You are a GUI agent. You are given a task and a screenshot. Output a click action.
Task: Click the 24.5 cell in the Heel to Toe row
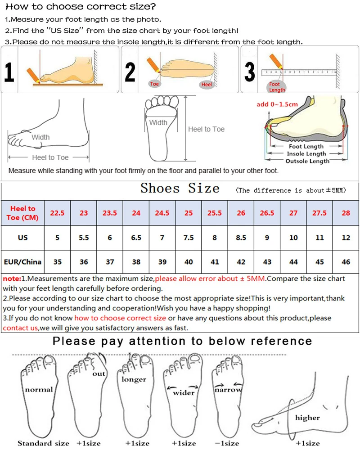tap(162, 213)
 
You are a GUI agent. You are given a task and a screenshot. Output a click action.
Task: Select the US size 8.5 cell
tap(241, 238)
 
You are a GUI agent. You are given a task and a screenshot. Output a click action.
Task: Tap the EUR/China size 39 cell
tap(162, 262)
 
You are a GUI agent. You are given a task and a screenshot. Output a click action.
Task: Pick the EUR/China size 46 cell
tap(346, 262)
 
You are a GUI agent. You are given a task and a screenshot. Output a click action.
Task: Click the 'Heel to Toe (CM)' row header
tap(23, 213)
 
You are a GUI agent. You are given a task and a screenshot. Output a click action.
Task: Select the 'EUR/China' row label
tap(22, 262)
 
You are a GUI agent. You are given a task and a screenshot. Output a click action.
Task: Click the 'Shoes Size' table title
tap(180, 188)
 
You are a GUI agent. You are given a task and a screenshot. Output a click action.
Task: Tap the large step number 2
tap(130, 72)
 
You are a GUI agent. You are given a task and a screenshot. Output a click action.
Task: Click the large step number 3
tap(250, 72)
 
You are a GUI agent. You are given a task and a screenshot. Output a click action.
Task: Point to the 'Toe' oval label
tap(154, 84)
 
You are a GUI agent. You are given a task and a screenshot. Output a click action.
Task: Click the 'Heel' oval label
tap(207, 85)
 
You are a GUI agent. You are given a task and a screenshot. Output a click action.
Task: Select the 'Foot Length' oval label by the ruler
tap(277, 87)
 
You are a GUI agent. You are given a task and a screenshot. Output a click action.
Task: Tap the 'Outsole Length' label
tap(308, 161)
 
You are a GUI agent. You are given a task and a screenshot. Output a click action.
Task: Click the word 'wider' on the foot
tap(184, 392)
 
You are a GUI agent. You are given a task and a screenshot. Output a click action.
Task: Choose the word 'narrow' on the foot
tap(228, 390)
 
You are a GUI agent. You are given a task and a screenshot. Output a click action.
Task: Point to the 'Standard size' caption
tap(43, 443)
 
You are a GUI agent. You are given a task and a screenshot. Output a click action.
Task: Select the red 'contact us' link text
tap(20, 328)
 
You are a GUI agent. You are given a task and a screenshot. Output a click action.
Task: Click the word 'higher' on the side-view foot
tap(307, 418)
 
